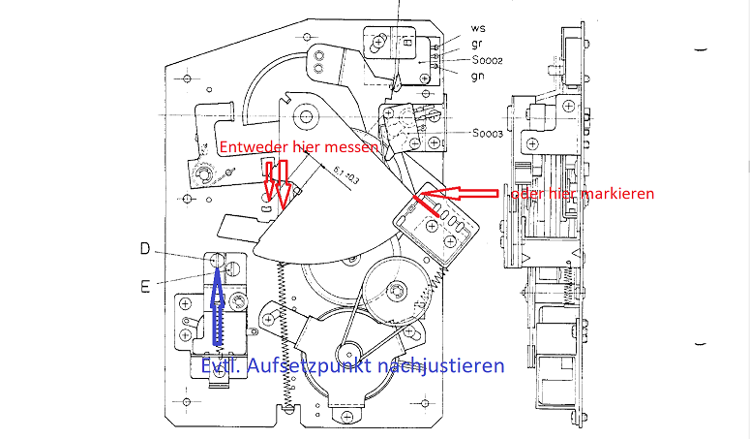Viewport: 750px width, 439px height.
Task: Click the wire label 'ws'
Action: click(478, 29)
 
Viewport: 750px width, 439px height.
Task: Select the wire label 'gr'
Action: click(478, 45)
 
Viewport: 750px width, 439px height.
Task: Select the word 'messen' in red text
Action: click(351, 147)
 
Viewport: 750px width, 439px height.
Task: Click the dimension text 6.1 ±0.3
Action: click(344, 178)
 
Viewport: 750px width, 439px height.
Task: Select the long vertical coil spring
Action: click(285, 329)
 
